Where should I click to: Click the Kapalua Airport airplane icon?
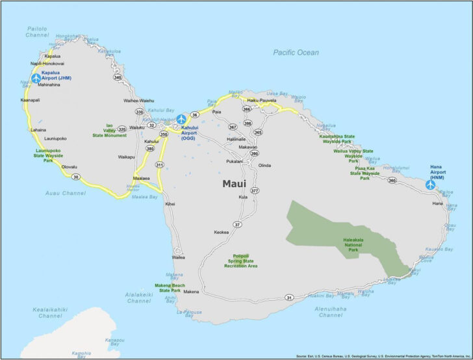pyautogui.click(x=36, y=78)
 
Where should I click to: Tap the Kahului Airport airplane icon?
pyautogui.click(x=181, y=119)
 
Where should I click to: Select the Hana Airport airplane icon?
pyautogui.click(x=430, y=185)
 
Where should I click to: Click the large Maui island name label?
pyautogui.click(x=234, y=184)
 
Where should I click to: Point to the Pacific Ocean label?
pyautogui.click(x=296, y=53)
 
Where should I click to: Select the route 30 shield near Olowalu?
pyautogui.click(x=76, y=177)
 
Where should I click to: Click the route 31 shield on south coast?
pyautogui.click(x=289, y=298)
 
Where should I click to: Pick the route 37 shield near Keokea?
pyautogui.click(x=238, y=224)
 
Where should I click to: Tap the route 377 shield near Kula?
pyautogui.click(x=255, y=191)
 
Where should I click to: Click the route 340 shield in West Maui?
pyautogui.click(x=117, y=77)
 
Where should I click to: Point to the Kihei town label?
pyautogui.click(x=170, y=204)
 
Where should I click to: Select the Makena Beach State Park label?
pyautogui.click(x=170, y=288)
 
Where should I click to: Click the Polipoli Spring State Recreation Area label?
pyautogui.click(x=241, y=261)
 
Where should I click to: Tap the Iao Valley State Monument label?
pyautogui.click(x=109, y=130)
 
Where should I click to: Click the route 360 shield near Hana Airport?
pyautogui.click(x=392, y=180)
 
